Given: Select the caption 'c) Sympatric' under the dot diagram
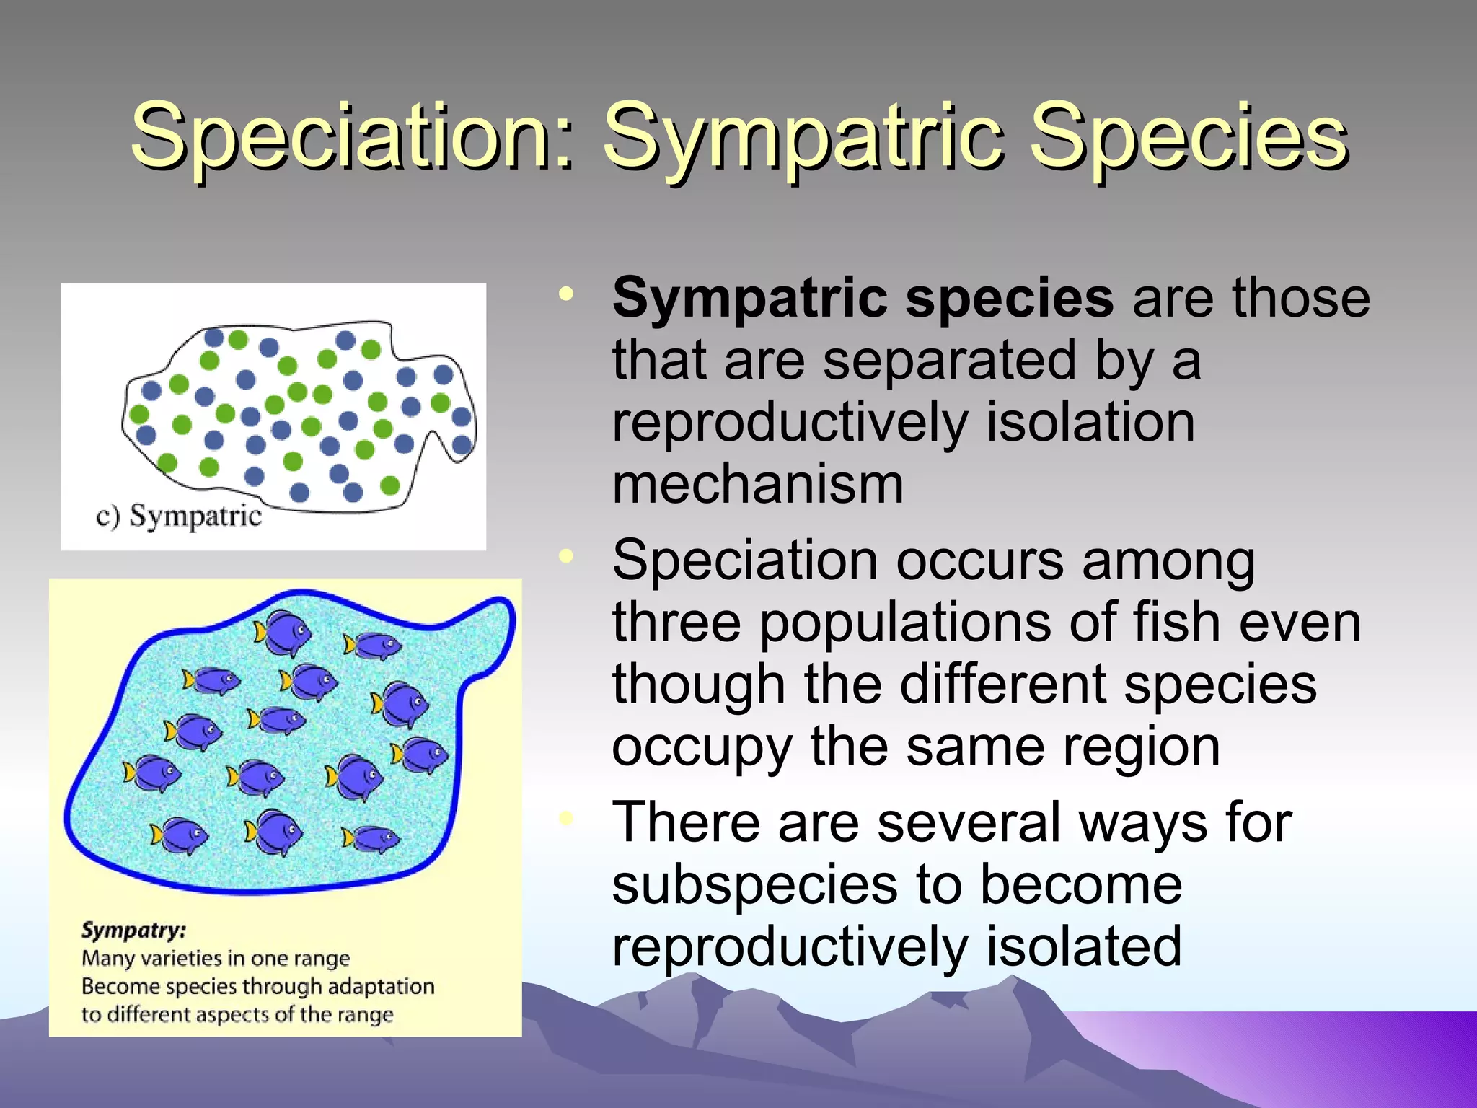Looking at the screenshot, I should point(178,516).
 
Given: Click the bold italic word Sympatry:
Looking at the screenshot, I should point(133,930).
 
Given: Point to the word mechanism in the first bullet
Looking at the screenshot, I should point(757,485).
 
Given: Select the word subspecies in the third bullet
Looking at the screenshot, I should point(754,886).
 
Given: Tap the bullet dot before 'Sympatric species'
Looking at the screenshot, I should point(567,294).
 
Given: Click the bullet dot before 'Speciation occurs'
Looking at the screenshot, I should point(567,556).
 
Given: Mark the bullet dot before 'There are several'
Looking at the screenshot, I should point(567,818).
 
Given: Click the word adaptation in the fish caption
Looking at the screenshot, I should point(381,986).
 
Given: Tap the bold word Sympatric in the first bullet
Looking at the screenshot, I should point(750,299).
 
